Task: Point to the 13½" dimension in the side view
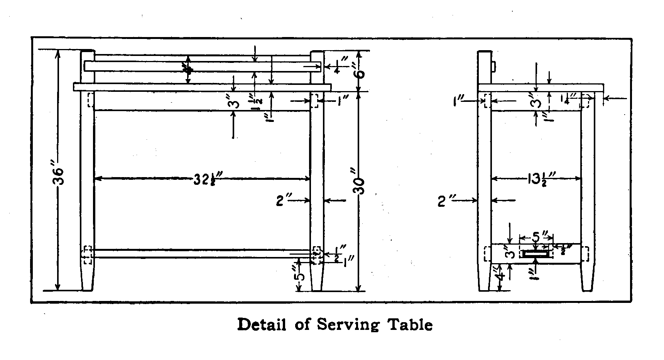pos(540,179)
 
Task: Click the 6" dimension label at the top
pos(360,71)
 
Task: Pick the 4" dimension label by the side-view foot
pos(501,276)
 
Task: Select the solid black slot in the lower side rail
pos(536,254)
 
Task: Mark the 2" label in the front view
pos(284,201)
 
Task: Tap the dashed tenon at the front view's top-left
pos(91,100)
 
